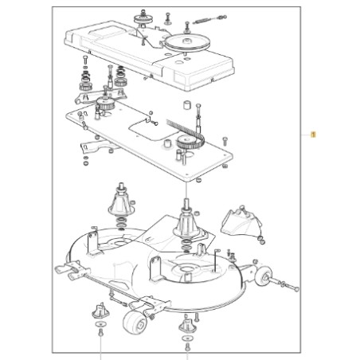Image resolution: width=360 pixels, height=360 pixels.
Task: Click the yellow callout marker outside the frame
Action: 312,135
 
